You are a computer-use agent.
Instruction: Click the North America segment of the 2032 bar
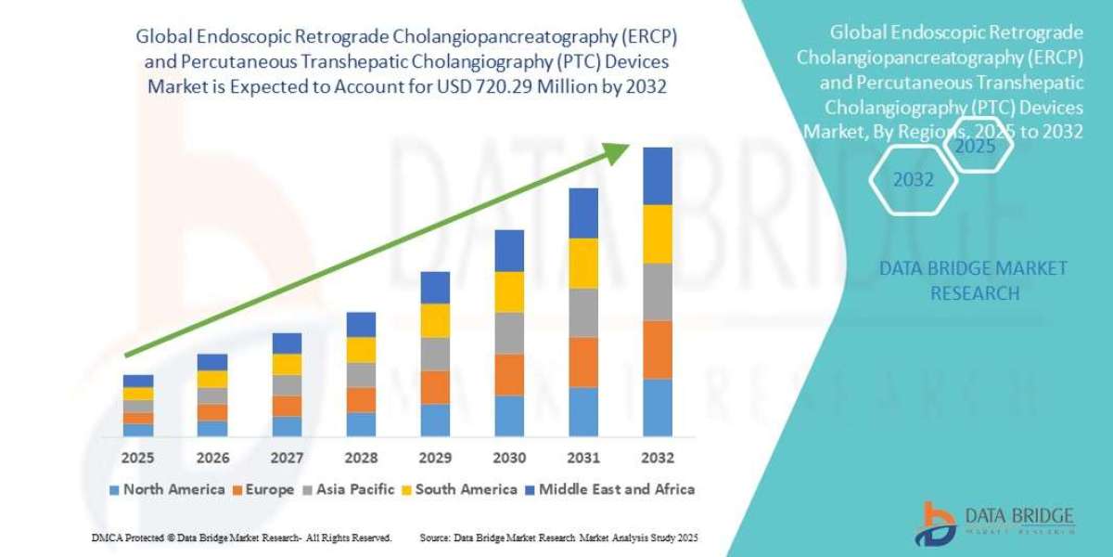tap(657, 407)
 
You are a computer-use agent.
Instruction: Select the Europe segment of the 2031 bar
tap(582, 362)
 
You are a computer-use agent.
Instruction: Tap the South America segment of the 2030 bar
tap(509, 291)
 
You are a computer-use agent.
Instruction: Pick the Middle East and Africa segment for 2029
tap(435, 288)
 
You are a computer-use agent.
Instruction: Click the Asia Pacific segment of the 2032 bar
tap(657, 291)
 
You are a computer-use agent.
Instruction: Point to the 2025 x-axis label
tap(138, 458)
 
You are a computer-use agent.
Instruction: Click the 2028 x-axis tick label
tap(361, 458)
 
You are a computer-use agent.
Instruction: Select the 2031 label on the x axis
tap(582, 458)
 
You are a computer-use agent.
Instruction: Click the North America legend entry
tap(167, 489)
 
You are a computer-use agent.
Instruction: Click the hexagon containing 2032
tap(913, 180)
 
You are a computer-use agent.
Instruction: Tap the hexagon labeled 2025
tap(975, 146)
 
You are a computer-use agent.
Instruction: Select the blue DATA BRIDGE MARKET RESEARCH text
tap(972, 280)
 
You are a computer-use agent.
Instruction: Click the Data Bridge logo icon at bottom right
tap(940, 524)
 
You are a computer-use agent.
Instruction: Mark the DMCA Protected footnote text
tap(241, 538)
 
